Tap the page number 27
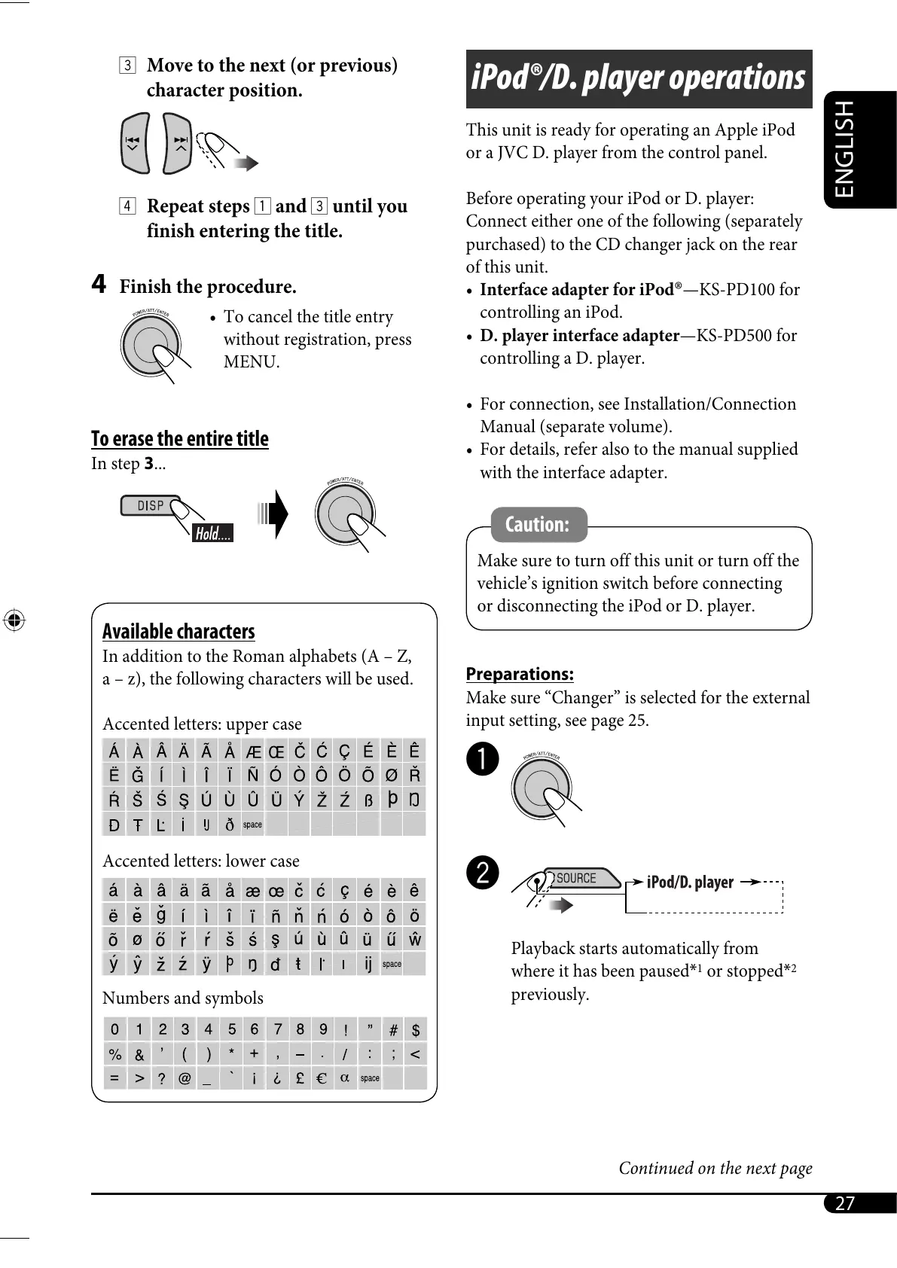845,1202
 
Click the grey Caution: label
537,524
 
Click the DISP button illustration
150,505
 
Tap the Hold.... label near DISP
213,534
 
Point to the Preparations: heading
520,674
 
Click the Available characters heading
178,631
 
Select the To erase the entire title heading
179,438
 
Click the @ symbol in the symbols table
185,1077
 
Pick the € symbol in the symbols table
322,1077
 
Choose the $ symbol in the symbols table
415,1029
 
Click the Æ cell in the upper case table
253,751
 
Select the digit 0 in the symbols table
114,1029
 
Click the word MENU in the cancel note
252,362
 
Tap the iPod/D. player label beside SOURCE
690,882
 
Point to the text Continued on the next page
715,1168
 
